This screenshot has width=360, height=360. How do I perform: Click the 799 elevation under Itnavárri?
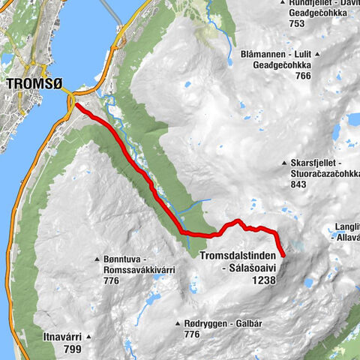pos(73,349)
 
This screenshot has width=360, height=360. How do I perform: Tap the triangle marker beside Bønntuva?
pos(97,259)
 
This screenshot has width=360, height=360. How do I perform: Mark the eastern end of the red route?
pos(283,255)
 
